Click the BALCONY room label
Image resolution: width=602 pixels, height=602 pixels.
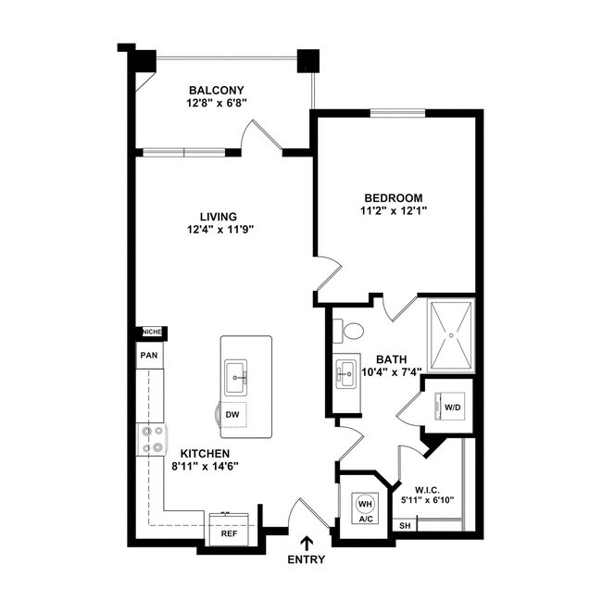(x=216, y=90)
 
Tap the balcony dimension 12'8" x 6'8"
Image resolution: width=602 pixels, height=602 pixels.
(x=216, y=104)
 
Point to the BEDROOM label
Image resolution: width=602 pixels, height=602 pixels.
(x=393, y=197)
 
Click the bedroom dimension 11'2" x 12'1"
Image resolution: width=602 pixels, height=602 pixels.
(x=393, y=211)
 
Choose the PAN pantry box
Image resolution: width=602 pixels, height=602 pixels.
(x=148, y=355)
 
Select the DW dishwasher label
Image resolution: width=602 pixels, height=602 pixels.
(x=233, y=415)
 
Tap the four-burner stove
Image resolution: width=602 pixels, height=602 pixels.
(x=151, y=439)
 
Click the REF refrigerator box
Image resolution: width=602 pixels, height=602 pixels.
(x=227, y=534)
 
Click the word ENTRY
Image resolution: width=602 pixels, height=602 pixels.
(x=307, y=559)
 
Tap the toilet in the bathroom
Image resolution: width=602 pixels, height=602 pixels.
(x=350, y=331)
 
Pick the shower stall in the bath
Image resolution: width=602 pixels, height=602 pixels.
(x=451, y=334)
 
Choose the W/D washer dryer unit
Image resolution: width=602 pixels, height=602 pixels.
(x=453, y=407)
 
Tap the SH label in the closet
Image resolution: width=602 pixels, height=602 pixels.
(x=405, y=526)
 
